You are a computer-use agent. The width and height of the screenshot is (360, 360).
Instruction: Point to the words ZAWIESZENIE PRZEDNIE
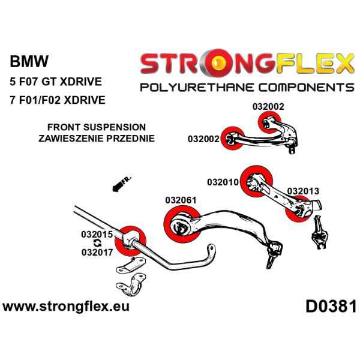pos(97,138)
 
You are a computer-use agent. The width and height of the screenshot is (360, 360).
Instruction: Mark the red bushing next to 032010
pos(257,178)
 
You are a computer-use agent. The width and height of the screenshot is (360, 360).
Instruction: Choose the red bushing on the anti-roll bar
pos(131,239)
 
